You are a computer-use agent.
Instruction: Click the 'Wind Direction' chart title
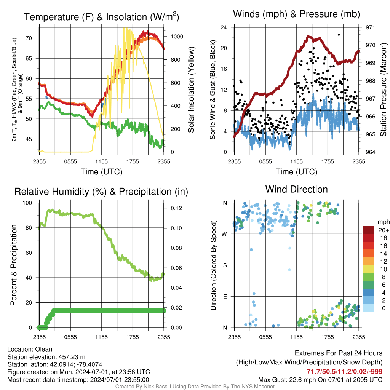(x=296, y=189)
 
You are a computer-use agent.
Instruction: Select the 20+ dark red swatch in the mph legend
(x=369, y=230)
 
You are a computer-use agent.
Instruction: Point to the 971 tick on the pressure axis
(x=371, y=27)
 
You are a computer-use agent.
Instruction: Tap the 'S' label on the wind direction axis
(x=225, y=265)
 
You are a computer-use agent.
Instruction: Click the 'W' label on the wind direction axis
(x=224, y=234)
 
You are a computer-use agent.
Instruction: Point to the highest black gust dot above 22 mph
(x=339, y=35)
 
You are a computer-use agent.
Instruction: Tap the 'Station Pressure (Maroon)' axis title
(x=383, y=90)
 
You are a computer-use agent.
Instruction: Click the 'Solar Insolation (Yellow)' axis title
(x=191, y=90)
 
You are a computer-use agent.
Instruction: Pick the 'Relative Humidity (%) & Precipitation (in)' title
(x=101, y=192)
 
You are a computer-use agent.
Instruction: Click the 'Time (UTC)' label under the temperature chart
(x=102, y=172)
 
